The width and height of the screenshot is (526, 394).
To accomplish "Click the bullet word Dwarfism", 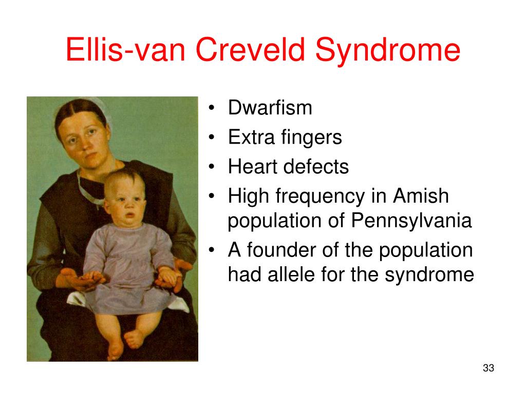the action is point(270,108).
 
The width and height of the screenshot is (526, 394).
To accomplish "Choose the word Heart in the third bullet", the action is point(253,167).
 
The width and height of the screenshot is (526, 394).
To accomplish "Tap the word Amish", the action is point(421,195).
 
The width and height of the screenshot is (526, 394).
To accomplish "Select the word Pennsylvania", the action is point(411,221).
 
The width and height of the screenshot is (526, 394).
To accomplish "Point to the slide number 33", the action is point(489,368).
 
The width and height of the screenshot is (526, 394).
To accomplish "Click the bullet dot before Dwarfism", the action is point(211,108).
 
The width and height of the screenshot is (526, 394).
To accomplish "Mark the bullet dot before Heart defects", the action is point(211,167).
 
